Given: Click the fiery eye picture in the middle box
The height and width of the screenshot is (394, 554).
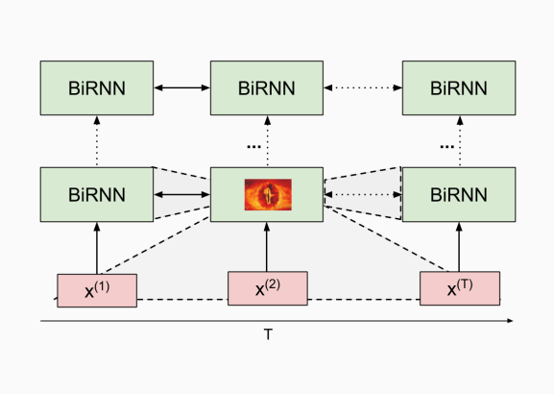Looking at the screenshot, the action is (268, 194).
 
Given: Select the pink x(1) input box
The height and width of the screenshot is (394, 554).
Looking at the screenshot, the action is (97, 290).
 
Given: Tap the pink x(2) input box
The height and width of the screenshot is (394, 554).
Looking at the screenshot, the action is (268, 288).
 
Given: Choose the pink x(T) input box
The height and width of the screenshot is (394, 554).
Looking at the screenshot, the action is (460, 288).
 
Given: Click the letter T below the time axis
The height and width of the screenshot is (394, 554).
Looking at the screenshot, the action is (268, 334).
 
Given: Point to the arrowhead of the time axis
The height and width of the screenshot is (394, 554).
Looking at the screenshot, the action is (510, 321).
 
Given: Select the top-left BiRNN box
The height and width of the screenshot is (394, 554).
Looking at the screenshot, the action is (97, 88).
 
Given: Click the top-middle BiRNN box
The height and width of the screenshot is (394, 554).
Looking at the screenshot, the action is (267, 88).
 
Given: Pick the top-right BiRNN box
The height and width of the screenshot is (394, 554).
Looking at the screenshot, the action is (459, 88).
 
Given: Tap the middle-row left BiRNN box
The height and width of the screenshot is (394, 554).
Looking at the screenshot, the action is (97, 194).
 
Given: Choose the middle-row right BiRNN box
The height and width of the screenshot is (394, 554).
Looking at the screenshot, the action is (459, 194).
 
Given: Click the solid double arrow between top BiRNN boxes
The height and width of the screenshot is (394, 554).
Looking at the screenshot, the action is (182, 87).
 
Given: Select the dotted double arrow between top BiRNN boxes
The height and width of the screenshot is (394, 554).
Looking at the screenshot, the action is (363, 87).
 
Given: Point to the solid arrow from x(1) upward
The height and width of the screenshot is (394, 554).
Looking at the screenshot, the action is (97, 248).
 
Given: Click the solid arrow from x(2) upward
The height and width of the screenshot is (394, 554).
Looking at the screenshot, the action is (267, 247).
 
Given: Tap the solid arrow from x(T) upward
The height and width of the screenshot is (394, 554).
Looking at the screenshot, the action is (459, 247).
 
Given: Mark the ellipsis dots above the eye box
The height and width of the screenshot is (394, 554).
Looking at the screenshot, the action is (253, 146).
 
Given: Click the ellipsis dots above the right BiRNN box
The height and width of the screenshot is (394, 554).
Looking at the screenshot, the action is (447, 146).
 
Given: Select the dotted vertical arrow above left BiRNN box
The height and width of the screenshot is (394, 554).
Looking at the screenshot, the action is (97, 141).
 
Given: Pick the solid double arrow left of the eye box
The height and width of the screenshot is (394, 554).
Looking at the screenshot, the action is (182, 194).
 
